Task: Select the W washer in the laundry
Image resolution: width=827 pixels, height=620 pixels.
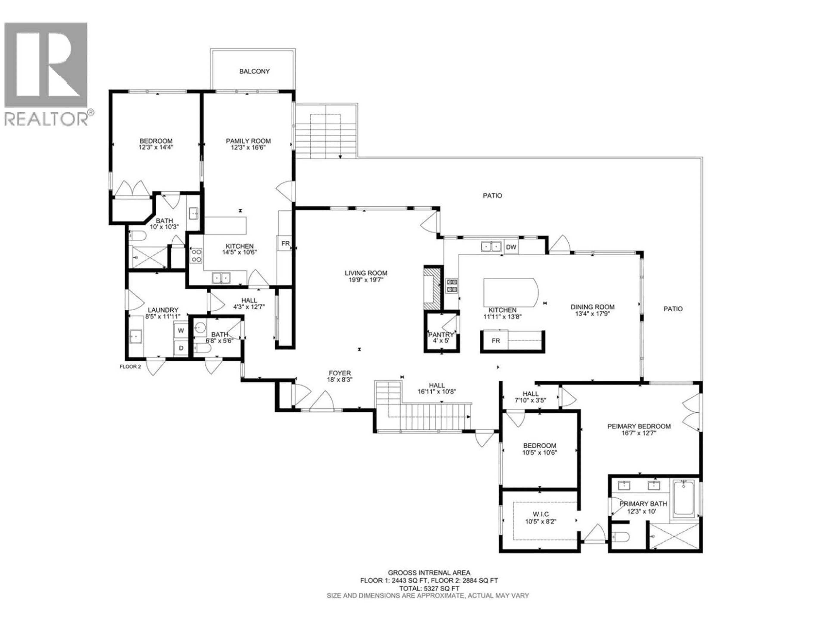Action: click(181, 330)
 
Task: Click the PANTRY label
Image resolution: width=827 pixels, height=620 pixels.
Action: click(441, 335)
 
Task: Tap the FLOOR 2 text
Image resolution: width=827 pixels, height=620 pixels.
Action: click(130, 367)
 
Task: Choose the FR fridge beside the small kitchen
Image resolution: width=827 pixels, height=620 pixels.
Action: click(285, 244)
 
